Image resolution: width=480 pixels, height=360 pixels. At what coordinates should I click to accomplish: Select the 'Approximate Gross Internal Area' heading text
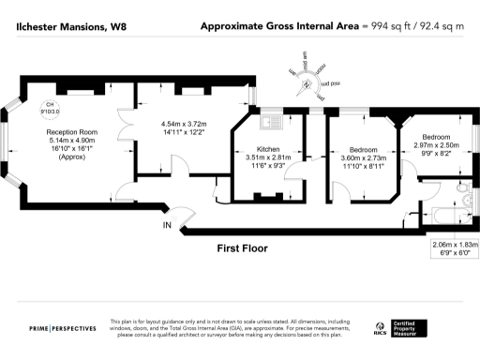[x=280, y=26]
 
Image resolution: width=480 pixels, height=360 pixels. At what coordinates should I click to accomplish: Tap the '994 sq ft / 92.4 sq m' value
[x=417, y=26]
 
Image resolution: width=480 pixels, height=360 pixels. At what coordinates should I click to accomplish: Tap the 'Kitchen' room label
[x=268, y=149]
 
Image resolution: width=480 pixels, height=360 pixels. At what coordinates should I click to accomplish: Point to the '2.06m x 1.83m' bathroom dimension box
[x=452, y=249]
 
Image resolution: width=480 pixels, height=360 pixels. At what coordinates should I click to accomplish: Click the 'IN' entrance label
[x=167, y=225]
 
